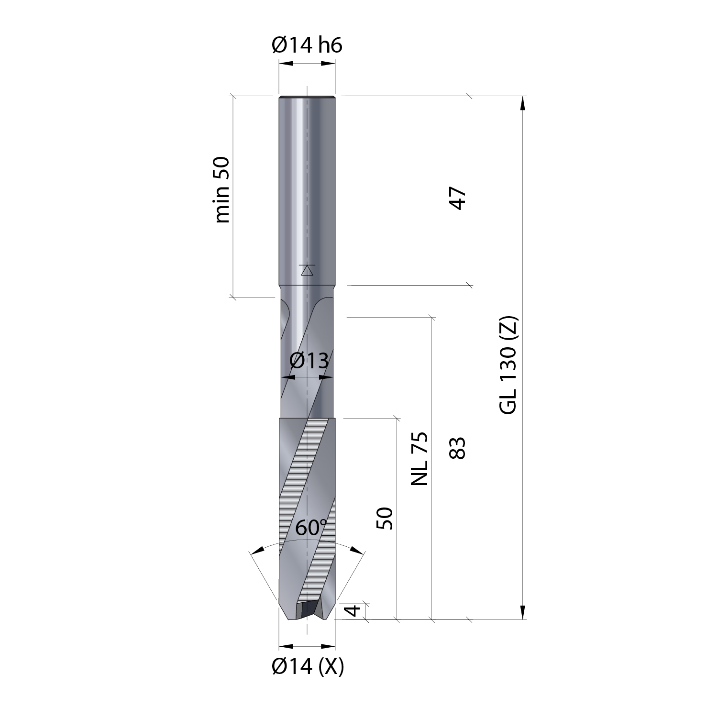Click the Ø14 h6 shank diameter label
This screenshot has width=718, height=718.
click(307, 45)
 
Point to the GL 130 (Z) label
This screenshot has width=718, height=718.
click(508, 365)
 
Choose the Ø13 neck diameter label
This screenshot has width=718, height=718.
click(309, 361)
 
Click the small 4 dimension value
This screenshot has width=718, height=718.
click(353, 611)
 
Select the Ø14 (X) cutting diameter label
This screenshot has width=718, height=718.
click(308, 666)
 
